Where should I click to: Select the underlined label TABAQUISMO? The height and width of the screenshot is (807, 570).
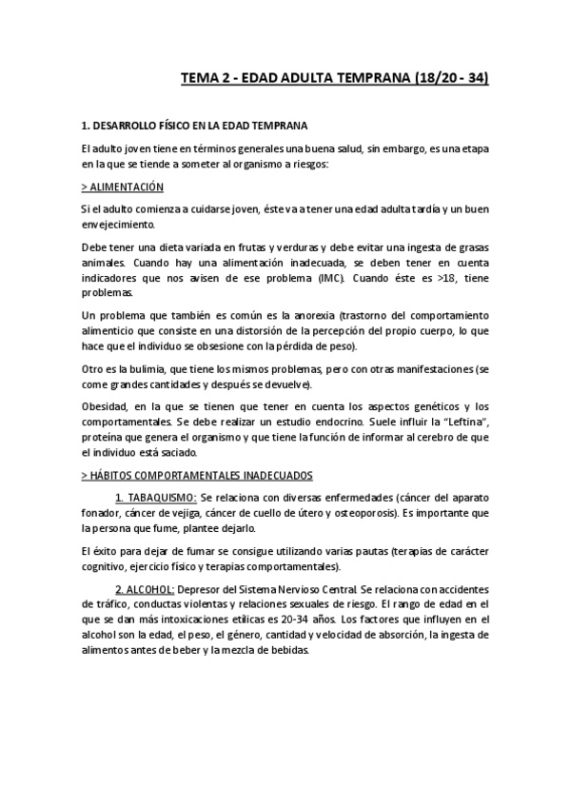tap(155, 498)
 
